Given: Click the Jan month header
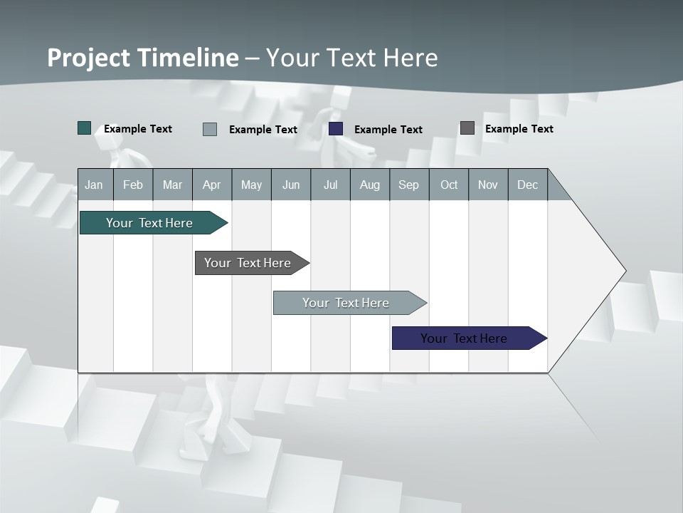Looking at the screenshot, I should (x=95, y=185).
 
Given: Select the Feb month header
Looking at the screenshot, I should (x=133, y=185).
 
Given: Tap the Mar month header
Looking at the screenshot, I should (x=172, y=185).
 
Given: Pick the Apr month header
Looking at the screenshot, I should (x=212, y=185).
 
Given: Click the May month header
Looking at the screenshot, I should (x=251, y=185).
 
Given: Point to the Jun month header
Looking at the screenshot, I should (x=291, y=185).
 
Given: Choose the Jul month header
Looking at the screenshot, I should (x=330, y=185).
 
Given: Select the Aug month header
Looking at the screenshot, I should (x=370, y=185).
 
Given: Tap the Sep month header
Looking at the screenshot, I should (x=409, y=185).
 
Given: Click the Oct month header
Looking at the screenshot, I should (x=449, y=185).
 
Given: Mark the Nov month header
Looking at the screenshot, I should (x=488, y=185).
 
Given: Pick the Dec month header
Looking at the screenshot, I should (x=528, y=185).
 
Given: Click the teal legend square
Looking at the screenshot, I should (x=85, y=128).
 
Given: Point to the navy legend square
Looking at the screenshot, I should (x=336, y=129).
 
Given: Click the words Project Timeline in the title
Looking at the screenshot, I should (x=143, y=58).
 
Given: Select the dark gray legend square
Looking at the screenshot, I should (x=467, y=128).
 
